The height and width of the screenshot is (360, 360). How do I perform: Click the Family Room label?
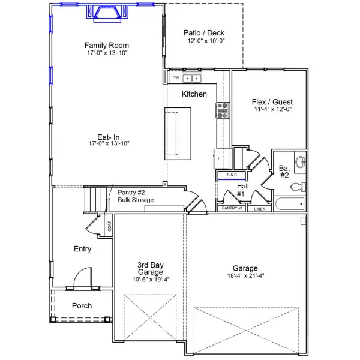pos(106,46)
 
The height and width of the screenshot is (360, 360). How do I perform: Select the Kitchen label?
pos(194,94)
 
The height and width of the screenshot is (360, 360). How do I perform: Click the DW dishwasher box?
pos(176,78)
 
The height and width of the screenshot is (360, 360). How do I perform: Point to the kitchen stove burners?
pos(222,109)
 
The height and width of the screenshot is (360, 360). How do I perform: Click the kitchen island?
pos(179,133)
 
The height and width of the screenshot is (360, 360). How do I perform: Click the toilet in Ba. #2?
pos(297,187)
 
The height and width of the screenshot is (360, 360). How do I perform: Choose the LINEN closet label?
pos(260,209)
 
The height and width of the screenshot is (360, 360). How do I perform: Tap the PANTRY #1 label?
pos(232,208)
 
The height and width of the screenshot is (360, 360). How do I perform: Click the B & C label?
pos(232,175)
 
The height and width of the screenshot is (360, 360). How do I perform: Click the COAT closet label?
pos(109,226)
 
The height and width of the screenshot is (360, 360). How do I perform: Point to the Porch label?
pos(82,306)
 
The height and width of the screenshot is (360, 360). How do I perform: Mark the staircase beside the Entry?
pos(94,199)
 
